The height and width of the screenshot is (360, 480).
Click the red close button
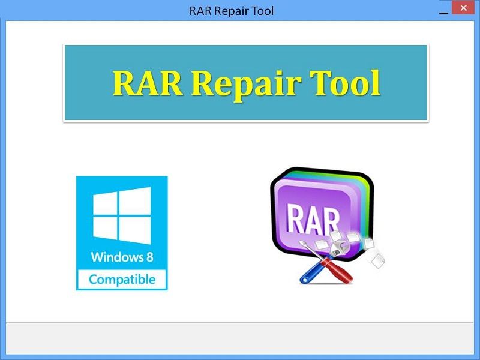tap(463, 8)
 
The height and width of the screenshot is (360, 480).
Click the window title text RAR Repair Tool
tap(232, 11)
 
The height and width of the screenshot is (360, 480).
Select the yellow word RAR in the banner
tap(148, 83)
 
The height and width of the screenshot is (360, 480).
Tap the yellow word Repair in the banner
tap(246, 85)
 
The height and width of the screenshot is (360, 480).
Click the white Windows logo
tap(122, 215)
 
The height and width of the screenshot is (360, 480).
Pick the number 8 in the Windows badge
tap(149, 257)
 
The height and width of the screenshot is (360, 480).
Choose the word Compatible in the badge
tap(122, 280)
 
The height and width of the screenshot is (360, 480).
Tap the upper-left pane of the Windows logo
tap(104, 203)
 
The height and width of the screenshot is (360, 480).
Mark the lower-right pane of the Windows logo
tap(134, 230)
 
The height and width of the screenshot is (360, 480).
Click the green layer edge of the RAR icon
tap(366, 199)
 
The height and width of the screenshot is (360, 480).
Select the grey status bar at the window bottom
tap(239, 338)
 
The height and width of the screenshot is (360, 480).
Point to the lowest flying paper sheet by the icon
tap(378, 260)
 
